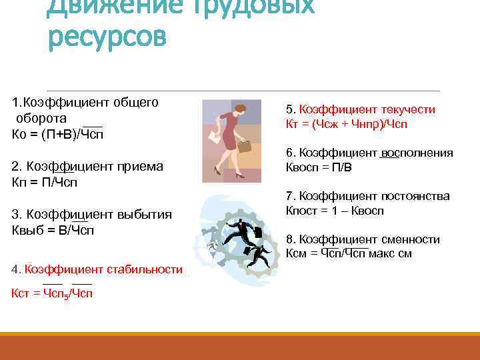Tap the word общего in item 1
point(135,102)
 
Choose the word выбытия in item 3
point(145,215)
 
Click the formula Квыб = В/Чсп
point(53,230)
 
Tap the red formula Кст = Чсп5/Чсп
point(52,293)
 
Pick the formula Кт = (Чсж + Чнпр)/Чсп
point(346,124)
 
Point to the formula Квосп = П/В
point(318,167)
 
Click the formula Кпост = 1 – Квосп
point(335,211)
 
